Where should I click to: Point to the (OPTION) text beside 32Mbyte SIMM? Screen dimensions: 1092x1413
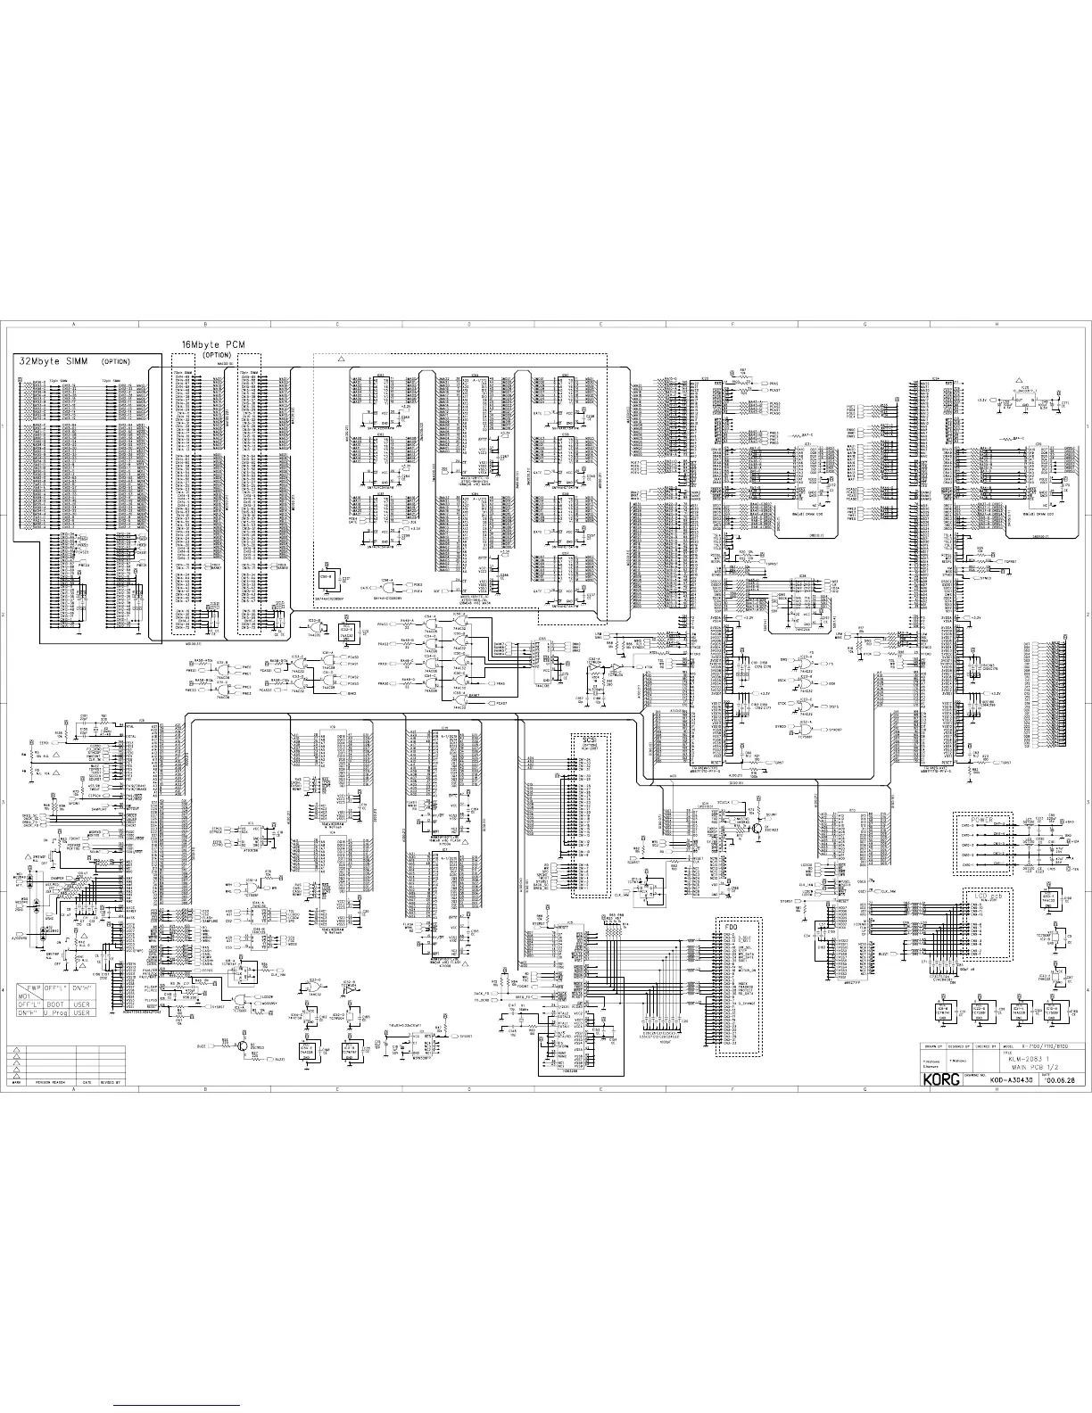pyautogui.click(x=115, y=362)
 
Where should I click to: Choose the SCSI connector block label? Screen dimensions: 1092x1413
pyautogui.click(x=590, y=740)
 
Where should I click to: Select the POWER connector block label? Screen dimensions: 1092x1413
pyautogui.click(x=981, y=819)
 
